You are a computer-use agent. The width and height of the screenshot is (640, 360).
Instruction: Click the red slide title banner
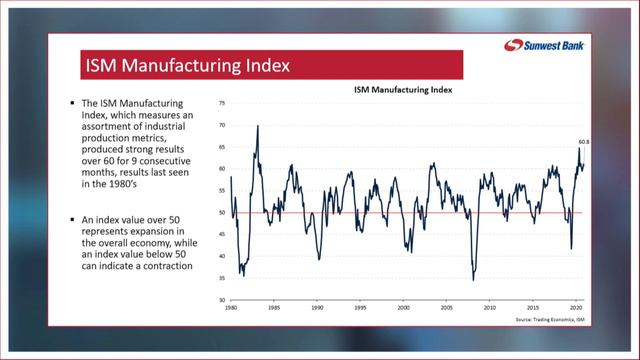click(x=269, y=67)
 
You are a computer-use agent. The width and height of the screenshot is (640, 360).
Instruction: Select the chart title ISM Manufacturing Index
click(x=403, y=89)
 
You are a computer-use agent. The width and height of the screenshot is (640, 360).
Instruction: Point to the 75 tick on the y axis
click(x=221, y=103)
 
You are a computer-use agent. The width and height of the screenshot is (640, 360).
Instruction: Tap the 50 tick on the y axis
click(x=221, y=212)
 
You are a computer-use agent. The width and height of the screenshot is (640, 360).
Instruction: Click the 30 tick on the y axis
click(x=221, y=300)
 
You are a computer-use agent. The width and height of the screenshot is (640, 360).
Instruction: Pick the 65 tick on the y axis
click(x=221, y=147)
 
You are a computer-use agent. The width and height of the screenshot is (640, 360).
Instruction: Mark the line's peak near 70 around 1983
click(x=258, y=126)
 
